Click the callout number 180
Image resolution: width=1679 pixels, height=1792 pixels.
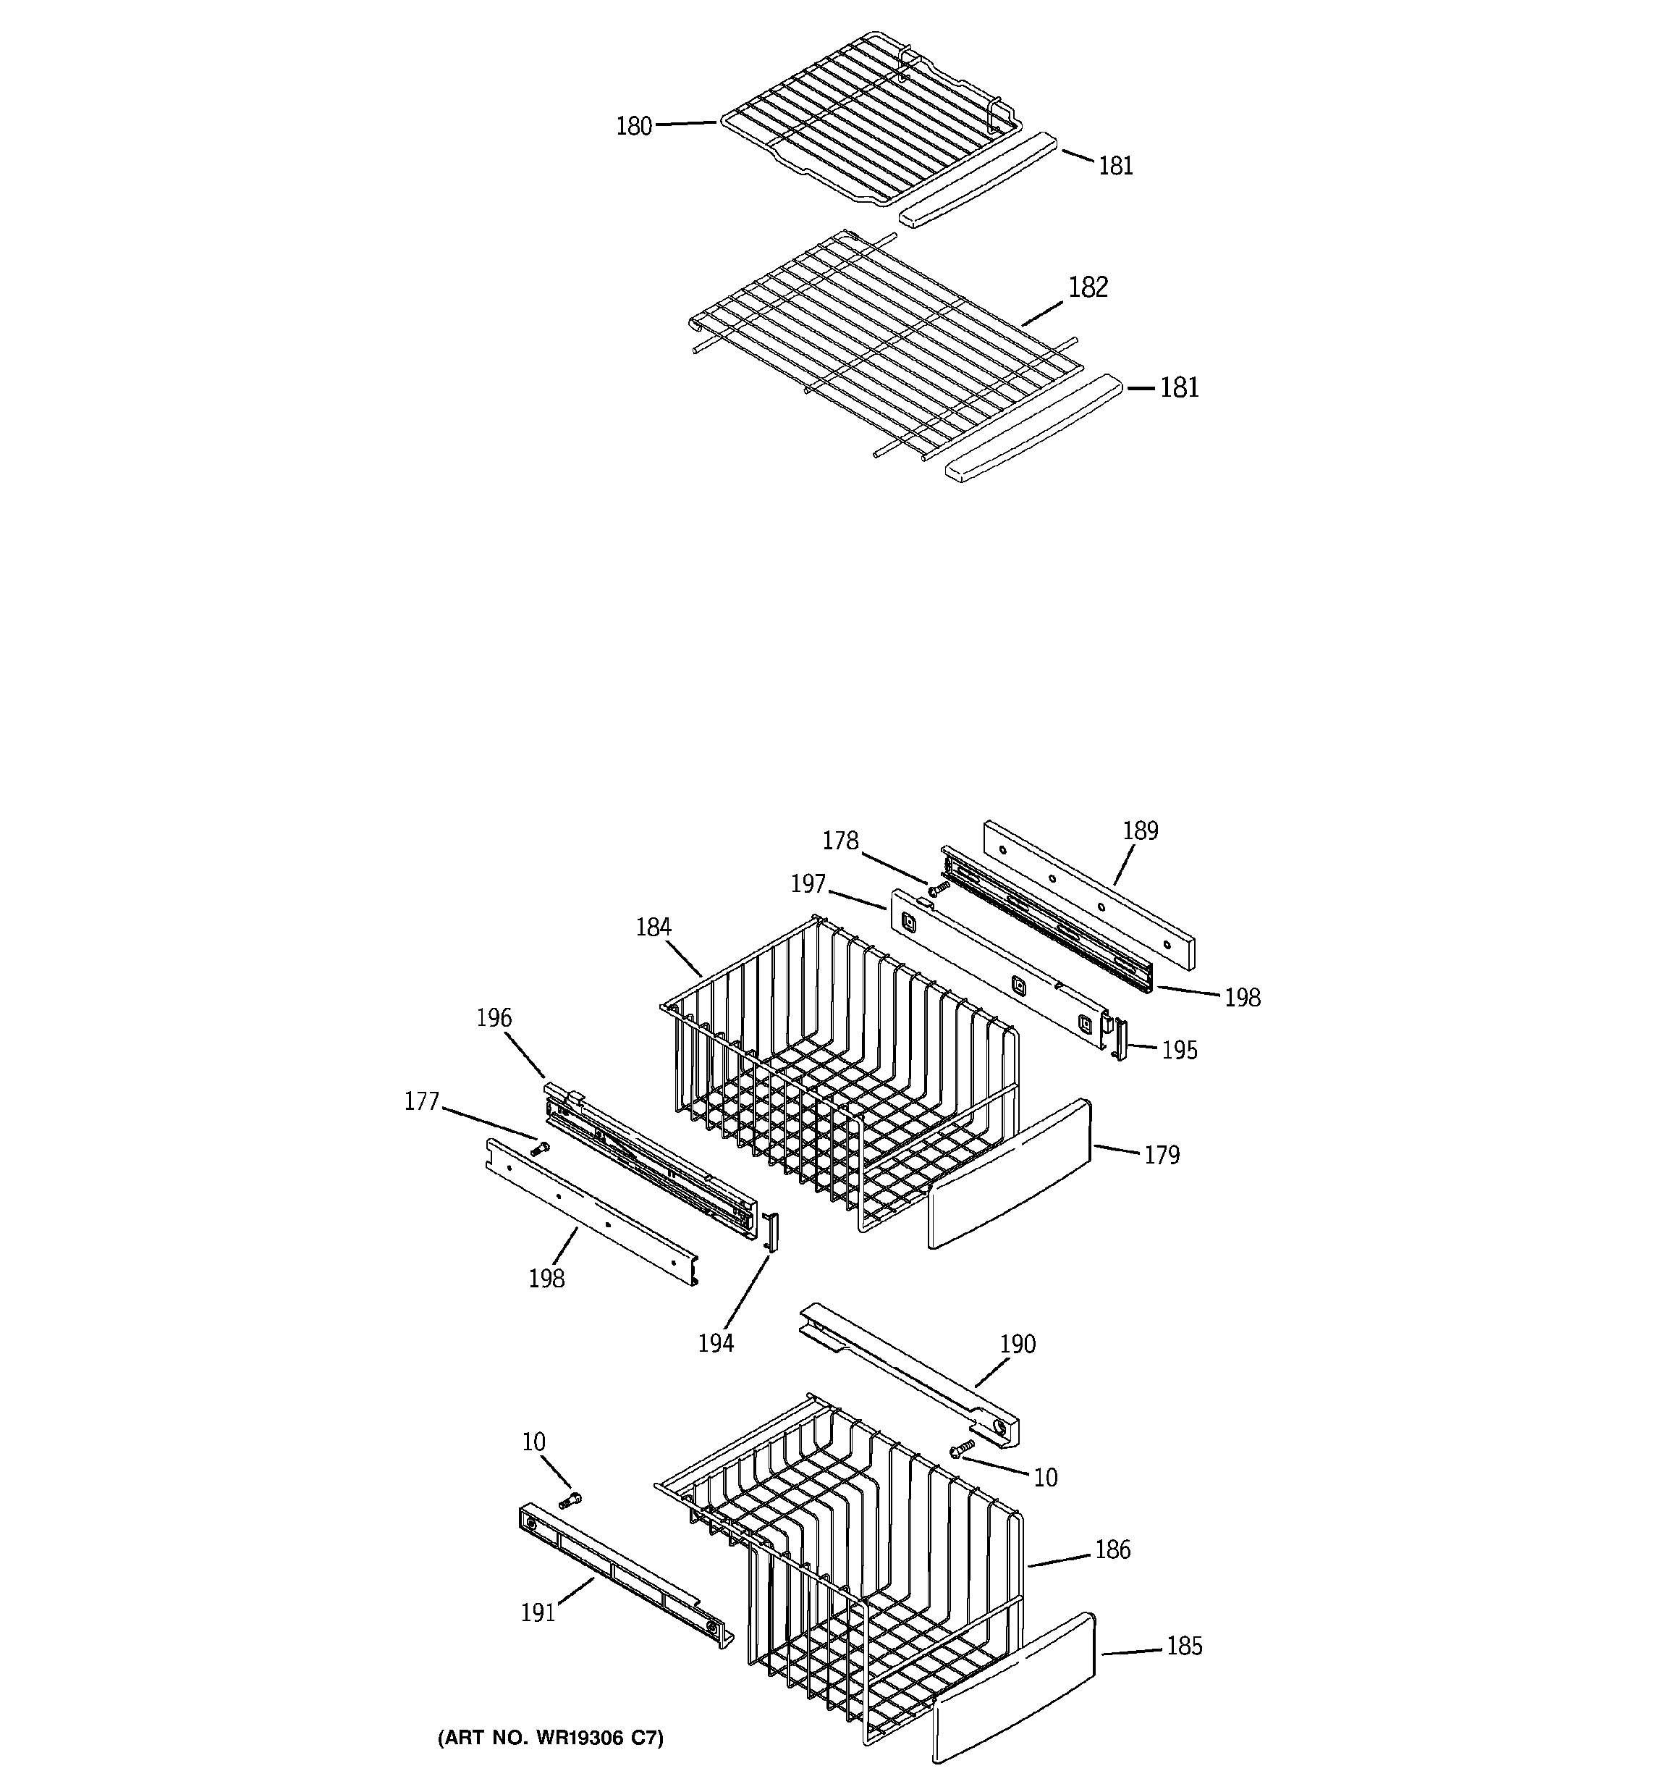pyautogui.click(x=633, y=126)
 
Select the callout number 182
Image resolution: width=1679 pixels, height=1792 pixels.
pyautogui.click(x=1088, y=287)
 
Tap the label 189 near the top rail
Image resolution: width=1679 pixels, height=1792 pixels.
pyautogui.click(x=1140, y=831)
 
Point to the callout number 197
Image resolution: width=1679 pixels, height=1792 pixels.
pyautogui.click(x=808, y=884)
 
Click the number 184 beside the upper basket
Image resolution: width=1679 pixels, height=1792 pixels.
pyautogui.click(x=654, y=927)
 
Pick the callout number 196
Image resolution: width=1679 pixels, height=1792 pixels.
pyautogui.click(x=494, y=1019)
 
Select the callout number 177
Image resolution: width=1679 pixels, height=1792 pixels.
pyautogui.click(x=421, y=1101)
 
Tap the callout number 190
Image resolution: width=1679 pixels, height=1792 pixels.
pyautogui.click(x=1018, y=1344)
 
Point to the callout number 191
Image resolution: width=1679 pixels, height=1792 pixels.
pyautogui.click(x=538, y=1612)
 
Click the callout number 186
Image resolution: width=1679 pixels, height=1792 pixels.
pyautogui.click(x=1112, y=1549)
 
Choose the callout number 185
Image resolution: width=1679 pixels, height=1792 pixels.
pyautogui.click(x=1184, y=1646)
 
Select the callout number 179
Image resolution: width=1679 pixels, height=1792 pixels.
pyautogui.click(x=1162, y=1155)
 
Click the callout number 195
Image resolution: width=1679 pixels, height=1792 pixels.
pyautogui.click(x=1179, y=1050)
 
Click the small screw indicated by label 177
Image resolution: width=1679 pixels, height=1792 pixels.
pyautogui.click(x=541, y=1148)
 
